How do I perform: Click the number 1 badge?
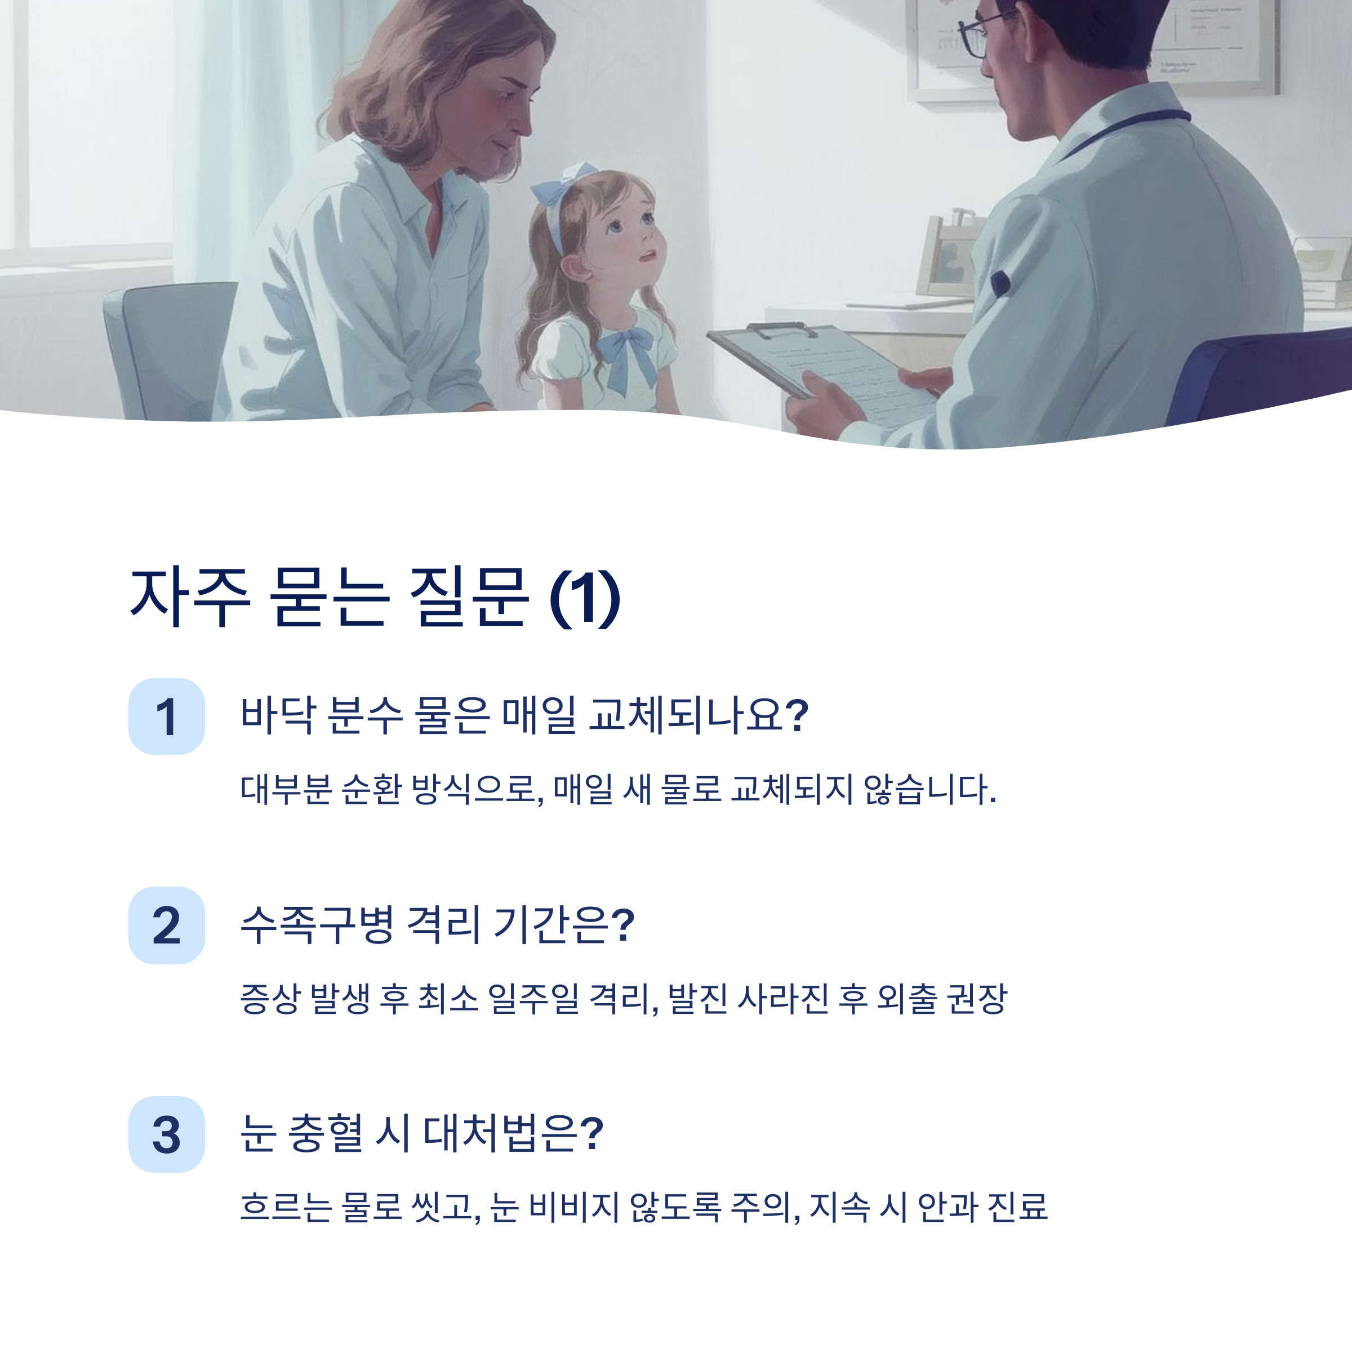click(x=166, y=716)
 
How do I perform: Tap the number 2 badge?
click(x=166, y=925)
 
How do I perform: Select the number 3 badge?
click(x=166, y=1134)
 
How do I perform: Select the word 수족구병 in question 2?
click(x=317, y=924)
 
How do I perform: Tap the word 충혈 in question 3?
click(x=326, y=1133)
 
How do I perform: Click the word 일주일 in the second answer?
click(x=533, y=998)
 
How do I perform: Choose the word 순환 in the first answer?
click(x=371, y=789)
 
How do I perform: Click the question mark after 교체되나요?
click(x=796, y=715)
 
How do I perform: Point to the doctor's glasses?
click(x=976, y=35)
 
